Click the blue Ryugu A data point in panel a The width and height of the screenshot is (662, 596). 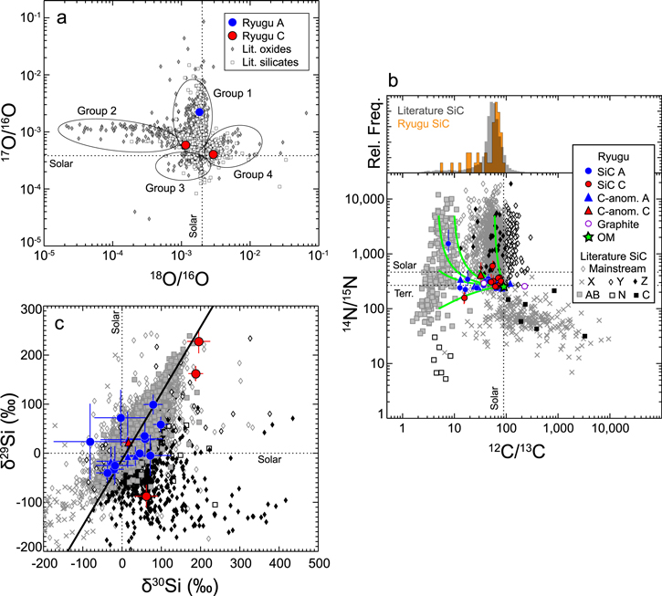(200, 111)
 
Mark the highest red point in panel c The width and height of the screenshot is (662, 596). (198, 341)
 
